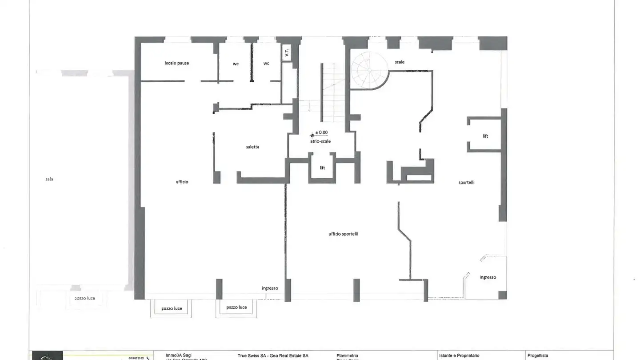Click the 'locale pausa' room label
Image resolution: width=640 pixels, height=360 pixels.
pyautogui.click(x=176, y=63)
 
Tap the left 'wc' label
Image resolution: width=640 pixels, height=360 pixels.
pyautogui.click(x=236, y=64)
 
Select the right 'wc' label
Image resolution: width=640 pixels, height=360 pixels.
pyautogui.click(x=266, y=64)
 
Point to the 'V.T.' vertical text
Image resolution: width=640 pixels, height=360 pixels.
pyautogui.click(x=287, y=54)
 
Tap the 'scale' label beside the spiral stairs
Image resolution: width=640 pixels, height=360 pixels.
pyautogui.click(x=400, y=62)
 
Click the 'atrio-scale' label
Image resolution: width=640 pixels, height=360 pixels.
pyautogui.click(x=320, y=141)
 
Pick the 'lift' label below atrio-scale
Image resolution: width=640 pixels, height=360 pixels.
pyautogui.click(x=322, y=168)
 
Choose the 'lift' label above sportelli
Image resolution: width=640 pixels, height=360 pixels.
pyautogui.click(x=485, y=136)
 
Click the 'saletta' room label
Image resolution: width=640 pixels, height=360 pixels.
pyautogui.click(x=252, y=147)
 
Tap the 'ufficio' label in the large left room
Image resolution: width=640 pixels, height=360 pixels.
pyautogui.click(x=182, y=182)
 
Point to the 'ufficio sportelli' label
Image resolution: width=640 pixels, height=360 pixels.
pyautogui.click(x=343, y=234)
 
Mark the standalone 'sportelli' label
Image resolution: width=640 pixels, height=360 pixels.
pyautogui.click(x=466, y=182)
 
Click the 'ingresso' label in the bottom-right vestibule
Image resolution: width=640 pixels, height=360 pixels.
pyautogui.click(x=488, y=277)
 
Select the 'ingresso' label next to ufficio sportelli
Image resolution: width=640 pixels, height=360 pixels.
pyautogui.click(x=270, y=288)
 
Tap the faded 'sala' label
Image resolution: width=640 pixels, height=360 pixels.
pyautogui.click(x=49, y=179)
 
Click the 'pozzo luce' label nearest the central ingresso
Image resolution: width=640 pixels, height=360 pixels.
pyautogui.click(x=236, y=308)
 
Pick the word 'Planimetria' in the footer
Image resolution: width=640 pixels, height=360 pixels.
pyautogui.click(x=347, y=356)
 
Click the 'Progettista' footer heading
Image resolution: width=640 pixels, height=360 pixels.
pyautogui.click(x=538, y=356)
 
